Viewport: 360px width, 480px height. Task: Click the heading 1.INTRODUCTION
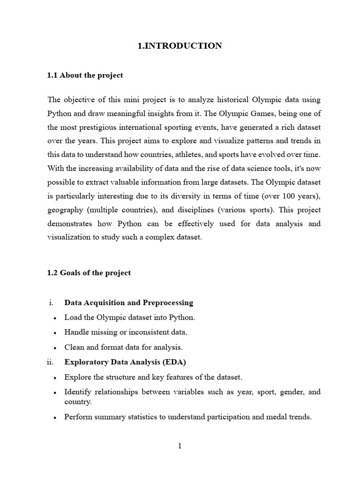pos(180,46)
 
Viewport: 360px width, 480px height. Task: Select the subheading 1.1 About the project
pos(85,75)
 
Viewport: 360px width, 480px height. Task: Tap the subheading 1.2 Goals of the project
pos(89,273)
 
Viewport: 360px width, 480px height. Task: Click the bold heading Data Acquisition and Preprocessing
pos(128,303)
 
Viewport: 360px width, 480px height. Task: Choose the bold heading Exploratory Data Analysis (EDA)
pos(125,362)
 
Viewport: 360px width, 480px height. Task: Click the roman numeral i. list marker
pos(51,303)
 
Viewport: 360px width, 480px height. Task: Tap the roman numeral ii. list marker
pos(51,362)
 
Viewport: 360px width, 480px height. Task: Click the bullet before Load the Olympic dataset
pos(55,318)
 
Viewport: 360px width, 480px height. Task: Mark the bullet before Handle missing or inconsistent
pos(55,333)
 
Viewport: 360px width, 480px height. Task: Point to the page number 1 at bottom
pos(180,446)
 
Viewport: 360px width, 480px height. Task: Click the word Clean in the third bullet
pos(74,347)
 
